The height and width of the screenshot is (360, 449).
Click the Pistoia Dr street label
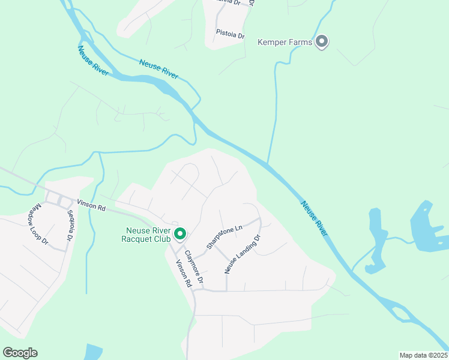[x=231, y=35]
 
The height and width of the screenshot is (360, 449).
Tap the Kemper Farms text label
[x=285, y=42]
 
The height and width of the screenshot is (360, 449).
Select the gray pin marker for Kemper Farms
[x=322, y=41]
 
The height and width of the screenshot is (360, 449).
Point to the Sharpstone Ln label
[x=224, y=237]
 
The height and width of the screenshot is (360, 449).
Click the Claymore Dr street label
[x=194, y=267]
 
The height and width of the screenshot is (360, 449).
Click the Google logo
[x=20, y=353]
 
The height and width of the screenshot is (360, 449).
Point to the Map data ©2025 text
[x=423, y=355]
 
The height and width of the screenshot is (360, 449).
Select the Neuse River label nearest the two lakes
[x=314, y=218]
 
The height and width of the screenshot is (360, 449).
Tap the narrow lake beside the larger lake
[x=376, y=240]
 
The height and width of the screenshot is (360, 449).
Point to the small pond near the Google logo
[x=94, y=352]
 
